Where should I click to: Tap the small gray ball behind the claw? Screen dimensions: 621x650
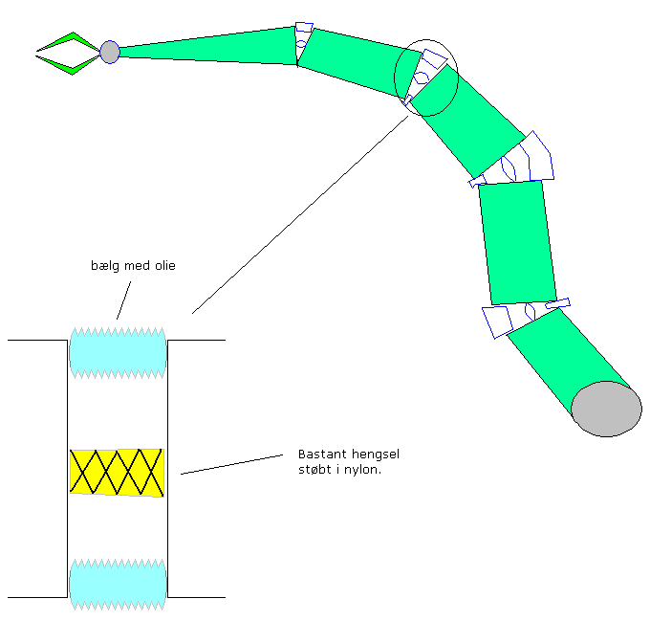(110, 52)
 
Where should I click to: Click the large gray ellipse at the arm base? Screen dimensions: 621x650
(606, 409)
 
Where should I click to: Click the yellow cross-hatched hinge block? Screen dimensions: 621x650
(118, 472)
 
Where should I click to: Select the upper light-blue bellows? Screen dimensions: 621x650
(119, 353)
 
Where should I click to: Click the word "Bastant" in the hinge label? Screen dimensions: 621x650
(311, 455)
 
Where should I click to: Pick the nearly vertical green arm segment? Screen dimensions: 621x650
(516, 241)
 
